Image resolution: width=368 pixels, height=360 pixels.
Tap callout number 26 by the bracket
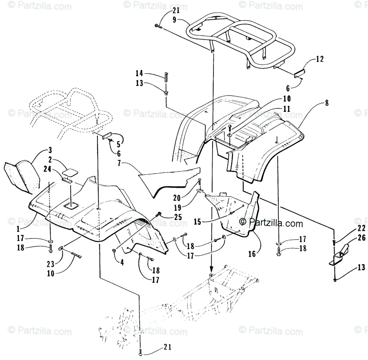(x=362, y=238)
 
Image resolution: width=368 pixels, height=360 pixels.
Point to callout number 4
(x=121, y=262)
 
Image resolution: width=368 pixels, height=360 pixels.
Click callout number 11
(x=287, y=109)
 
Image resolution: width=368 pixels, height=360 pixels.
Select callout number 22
(x=362, y=228)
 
